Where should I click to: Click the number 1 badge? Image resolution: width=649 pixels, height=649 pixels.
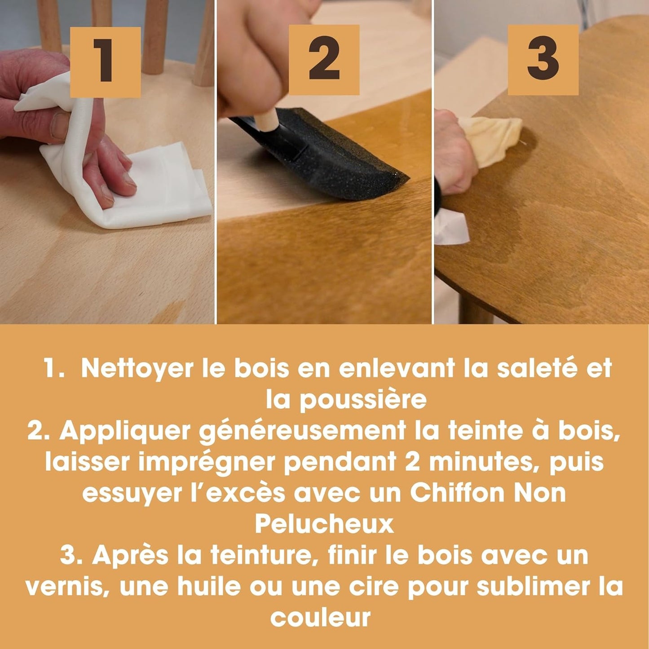click(105, 62)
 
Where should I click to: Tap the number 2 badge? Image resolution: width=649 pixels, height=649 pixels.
click(324, 60)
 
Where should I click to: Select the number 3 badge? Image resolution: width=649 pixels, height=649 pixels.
click(543, 60)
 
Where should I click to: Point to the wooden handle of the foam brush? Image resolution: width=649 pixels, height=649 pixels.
click(266, 121)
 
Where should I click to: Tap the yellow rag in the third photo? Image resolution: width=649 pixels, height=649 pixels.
click(490, 141)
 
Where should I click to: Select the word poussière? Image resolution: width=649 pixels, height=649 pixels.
click(363, 400)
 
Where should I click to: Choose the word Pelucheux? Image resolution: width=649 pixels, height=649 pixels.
click(324, 525)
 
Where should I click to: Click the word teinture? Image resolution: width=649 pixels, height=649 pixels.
click(260, 556)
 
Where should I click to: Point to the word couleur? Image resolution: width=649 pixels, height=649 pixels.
click(320, 618)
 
